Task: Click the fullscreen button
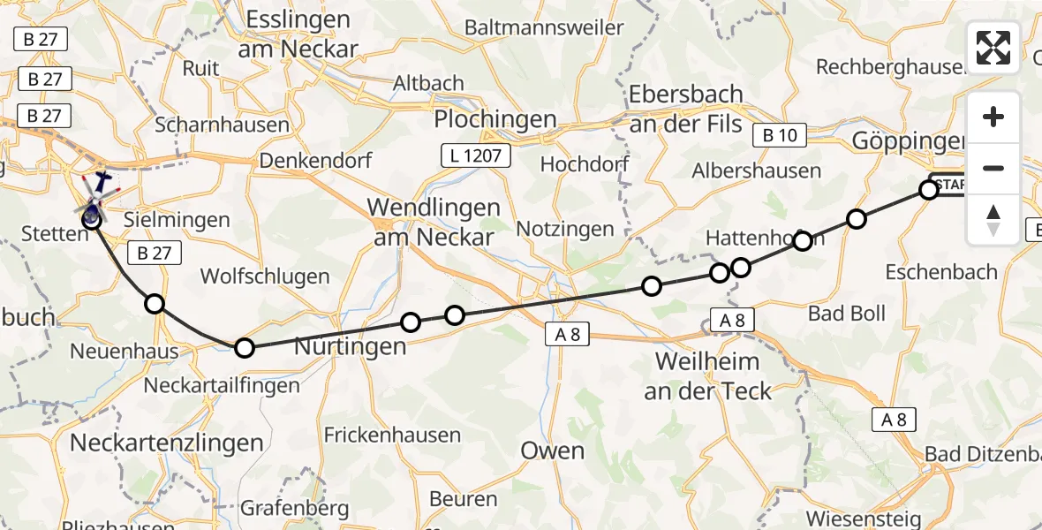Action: coord(993,48)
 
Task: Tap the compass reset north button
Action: coord(993,219)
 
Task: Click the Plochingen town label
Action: coord(495,119)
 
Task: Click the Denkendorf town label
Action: coord(315,162)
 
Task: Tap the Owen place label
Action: coord(552,450)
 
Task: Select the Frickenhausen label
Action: coord(392,435)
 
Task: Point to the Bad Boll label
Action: coord(847,314)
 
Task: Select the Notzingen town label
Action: coord(564,229)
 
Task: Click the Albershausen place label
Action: coord(757,170)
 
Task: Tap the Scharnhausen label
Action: coord(222,125)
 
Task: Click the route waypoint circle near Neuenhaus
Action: coord(155,304)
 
